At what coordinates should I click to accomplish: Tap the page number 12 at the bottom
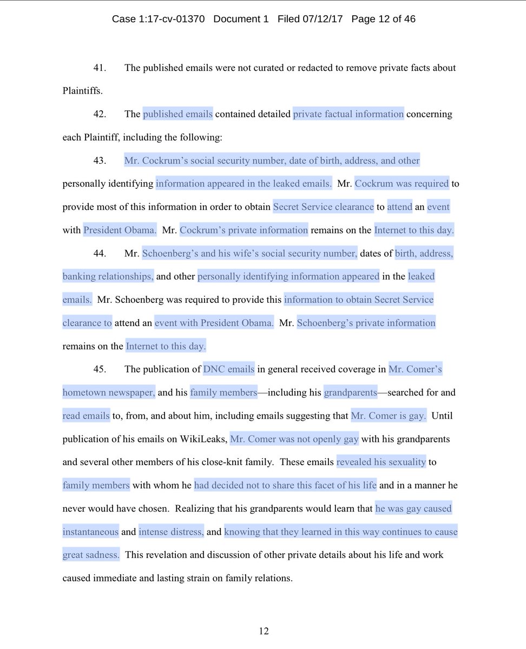pyautogui.click(x=264, y=631)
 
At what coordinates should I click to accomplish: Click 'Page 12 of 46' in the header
pyautogui.click(x=383, y=19)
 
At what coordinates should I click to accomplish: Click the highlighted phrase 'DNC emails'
pyautogui.click(x=228, y=370)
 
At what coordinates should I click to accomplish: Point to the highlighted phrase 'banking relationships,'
pyautogui.click(x=108, y=277)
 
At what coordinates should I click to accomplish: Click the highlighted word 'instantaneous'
pyautogui.click(x=90, y=532)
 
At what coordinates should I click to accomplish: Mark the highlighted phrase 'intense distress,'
pyautogui.click(x=172, y=532)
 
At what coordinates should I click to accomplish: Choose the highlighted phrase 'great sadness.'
pyautogui.click(x=90, y=555)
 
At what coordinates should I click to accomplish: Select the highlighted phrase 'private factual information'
pyautogui.click(x=349, y=115)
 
